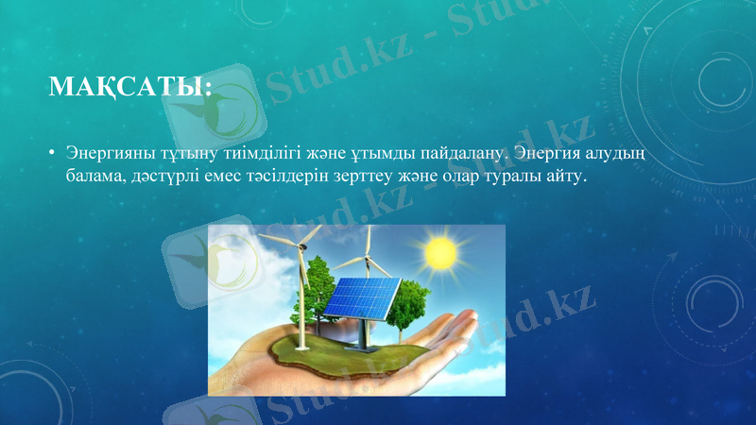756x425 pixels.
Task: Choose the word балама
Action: [93, 176]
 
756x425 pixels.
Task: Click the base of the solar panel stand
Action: [359, 347]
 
